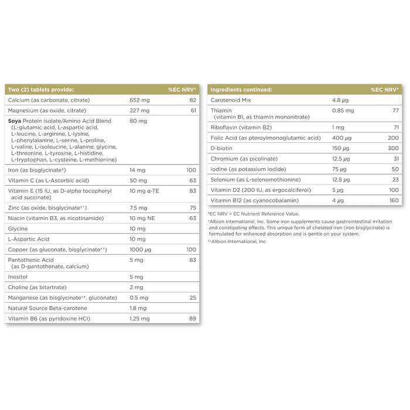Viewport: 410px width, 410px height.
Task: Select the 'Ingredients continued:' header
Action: (241, 90)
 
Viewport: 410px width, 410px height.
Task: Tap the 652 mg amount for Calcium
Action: (139, 100)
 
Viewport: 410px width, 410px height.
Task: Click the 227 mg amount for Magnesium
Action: (139, 111)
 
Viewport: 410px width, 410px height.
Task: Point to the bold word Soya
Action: (16, 121)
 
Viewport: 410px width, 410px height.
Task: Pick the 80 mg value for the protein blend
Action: (138, 121)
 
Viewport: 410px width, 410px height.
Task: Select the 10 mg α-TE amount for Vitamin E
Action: (146, 190)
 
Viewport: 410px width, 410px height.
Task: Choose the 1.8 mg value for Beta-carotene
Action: (138, 308)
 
